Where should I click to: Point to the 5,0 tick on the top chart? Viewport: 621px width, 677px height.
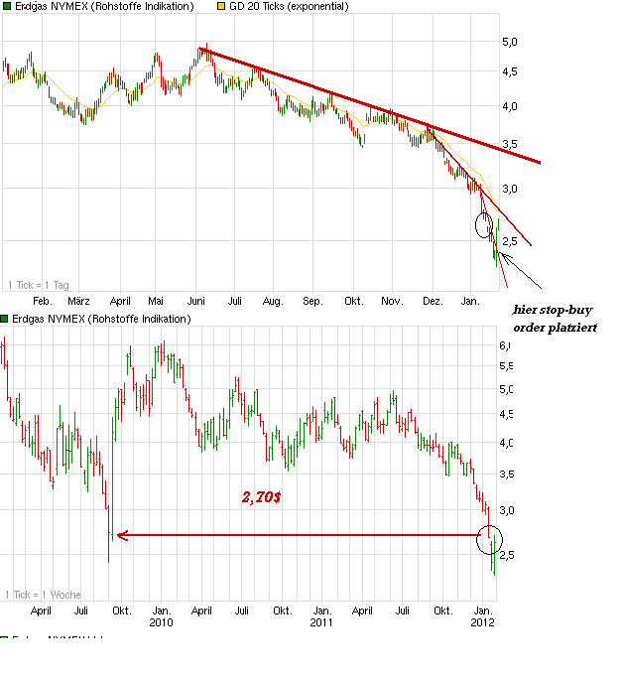tap(509, 42)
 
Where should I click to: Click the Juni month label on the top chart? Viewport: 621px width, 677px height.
tap(196, 300)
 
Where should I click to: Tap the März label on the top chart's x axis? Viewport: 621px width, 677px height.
tap(78, 300)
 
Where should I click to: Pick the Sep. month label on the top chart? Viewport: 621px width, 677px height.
tap(312, 300)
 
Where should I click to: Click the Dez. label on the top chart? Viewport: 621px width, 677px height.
tap(433, 300)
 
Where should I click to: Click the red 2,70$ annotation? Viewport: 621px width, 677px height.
tap(261, 497)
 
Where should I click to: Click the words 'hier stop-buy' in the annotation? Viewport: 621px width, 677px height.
tap(552, 310)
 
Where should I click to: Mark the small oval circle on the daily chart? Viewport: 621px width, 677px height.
tap(484, 225)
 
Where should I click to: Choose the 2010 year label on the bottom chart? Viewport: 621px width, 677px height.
tap(161, 622)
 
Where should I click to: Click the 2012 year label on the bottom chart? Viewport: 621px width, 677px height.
tap(482, 622)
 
